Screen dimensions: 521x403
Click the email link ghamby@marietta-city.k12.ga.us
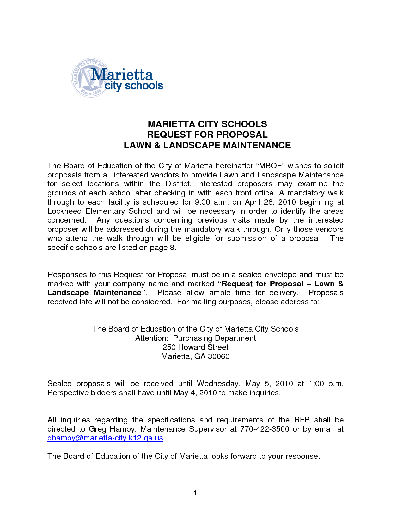click(x=105, y=438)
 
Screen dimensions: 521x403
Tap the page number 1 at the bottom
click(x=195, y=493)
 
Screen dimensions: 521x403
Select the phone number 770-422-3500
click(x=265, y=429)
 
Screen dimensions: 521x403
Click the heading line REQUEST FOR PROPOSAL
click(x=207, y=135)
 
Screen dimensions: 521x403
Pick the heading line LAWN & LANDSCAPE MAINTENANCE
click(x=207, y=145)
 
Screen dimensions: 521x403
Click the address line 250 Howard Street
click(x=195, y=347)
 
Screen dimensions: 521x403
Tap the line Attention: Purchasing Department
click(x=195, y=338)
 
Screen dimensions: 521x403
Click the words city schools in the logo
click(x=134, y=86)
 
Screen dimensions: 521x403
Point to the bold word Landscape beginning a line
click(x=68, y=293)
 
